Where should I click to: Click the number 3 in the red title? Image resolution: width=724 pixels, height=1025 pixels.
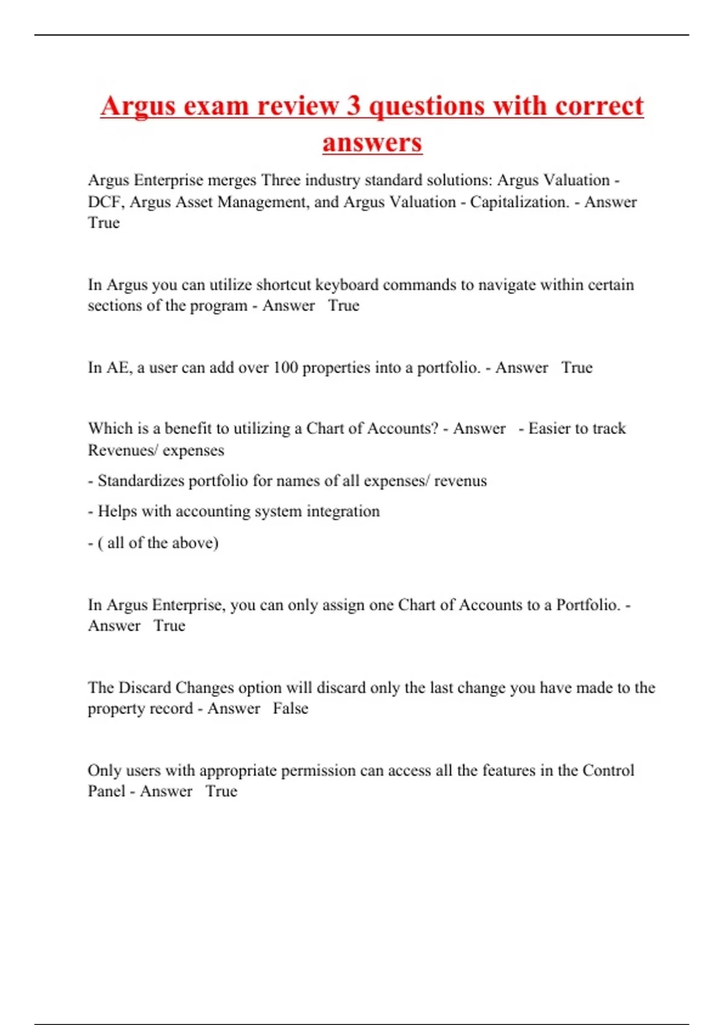pos(353,106)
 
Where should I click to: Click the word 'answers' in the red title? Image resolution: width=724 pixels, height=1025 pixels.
pos(372,143)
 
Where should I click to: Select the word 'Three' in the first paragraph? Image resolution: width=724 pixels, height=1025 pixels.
pos(280,180)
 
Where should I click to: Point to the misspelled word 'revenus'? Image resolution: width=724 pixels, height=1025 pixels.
pos(460,481)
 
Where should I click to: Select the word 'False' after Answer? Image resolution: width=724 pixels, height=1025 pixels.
pos(290,708)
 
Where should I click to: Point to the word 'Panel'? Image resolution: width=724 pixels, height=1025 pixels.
pos(106,791)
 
